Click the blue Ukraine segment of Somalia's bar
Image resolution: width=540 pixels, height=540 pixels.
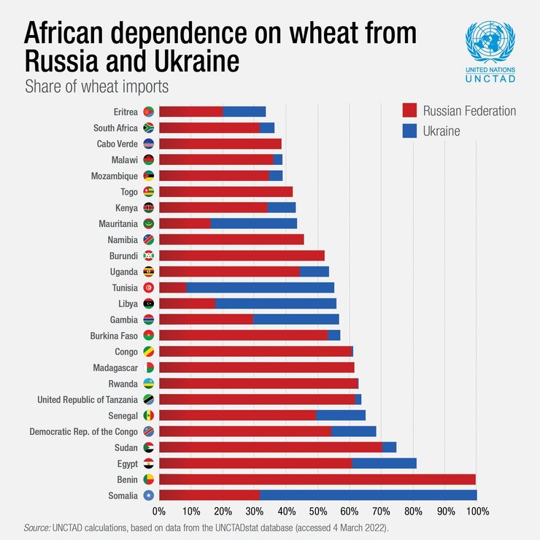point(368,495)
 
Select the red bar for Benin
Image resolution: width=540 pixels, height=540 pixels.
point(317,479)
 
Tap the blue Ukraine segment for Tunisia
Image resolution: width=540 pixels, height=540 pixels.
point(260,288)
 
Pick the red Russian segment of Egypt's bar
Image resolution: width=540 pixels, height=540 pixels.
point(255,463)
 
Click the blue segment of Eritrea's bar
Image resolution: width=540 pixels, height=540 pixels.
point(244,112)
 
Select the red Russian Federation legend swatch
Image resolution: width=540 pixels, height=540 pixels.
point(409,110)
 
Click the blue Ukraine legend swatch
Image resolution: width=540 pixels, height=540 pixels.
point(409,131)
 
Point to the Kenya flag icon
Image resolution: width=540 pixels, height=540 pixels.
point(148,207)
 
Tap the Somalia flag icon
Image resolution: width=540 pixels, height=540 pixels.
point(148,495)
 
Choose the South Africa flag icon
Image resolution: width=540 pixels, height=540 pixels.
point(148,128)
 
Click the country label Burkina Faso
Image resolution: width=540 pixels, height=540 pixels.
point(115,336)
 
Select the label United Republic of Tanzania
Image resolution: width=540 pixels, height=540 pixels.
point(88,400)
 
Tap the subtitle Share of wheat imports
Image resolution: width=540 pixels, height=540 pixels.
point(96,86)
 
